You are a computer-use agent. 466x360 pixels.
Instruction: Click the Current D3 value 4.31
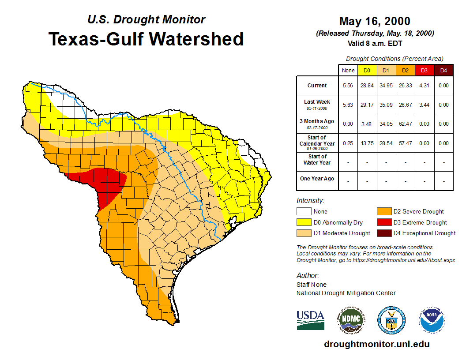click(x=424, y=86)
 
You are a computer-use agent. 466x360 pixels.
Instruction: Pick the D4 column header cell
click(x=443, y=71)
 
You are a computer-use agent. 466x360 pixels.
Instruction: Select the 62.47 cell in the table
click(x=405, y=124)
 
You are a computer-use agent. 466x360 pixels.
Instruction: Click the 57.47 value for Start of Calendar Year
click(x=405, y=143)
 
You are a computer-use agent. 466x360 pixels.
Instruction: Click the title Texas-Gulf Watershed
click(x=146, y=39)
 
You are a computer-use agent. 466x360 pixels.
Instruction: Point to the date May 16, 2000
click(x=375, y=21)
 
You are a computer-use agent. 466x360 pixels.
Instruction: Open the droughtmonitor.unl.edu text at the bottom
click(x=376, y=344)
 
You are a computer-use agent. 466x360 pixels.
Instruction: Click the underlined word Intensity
click(x=310, y=201)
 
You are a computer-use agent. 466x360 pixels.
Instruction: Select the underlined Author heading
click(x=307, y=276)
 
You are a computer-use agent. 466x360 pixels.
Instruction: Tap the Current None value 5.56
click(x=348, y=86)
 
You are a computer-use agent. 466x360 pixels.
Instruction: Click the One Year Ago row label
click(x=317, y=179)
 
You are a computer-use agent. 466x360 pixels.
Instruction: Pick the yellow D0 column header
click(x=367, y=71)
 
